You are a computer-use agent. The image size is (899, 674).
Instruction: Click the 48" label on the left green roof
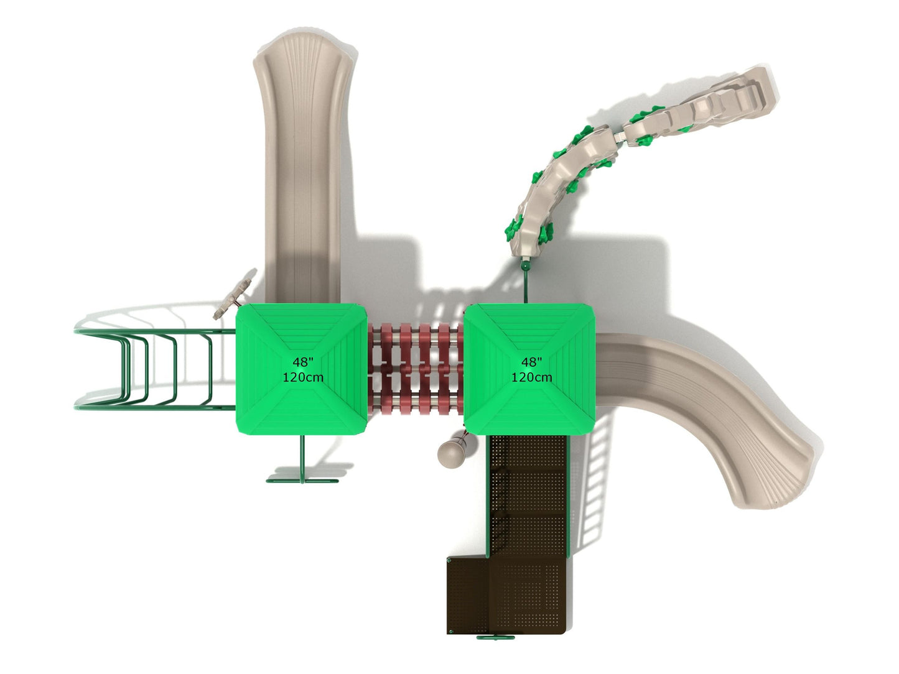tap(303, 362)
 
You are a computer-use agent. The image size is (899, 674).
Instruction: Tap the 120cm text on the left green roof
tap(303, 377)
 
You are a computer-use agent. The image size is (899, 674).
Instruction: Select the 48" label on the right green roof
tap(531, 362)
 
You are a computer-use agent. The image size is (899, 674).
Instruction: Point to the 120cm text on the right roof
tap(531, 377)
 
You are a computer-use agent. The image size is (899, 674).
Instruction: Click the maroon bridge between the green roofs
tap(416, 368)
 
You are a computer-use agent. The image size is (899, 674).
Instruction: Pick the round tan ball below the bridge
tap(451, 454)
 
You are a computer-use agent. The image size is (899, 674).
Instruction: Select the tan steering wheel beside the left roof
tap(235, 294)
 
